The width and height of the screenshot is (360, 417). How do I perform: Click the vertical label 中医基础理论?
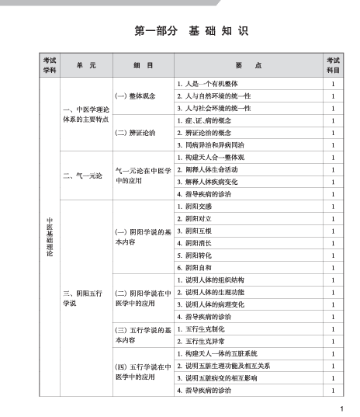(x=49, y=237)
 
